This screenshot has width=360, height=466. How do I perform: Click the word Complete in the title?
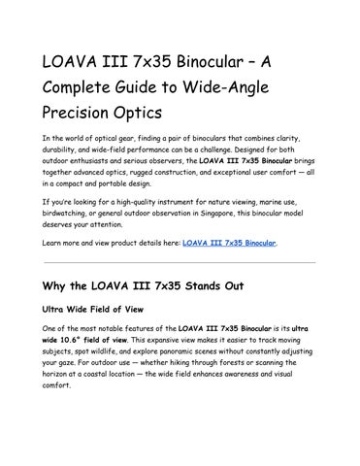tap(80, 86)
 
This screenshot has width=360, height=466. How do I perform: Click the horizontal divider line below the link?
tap(180, 262)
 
